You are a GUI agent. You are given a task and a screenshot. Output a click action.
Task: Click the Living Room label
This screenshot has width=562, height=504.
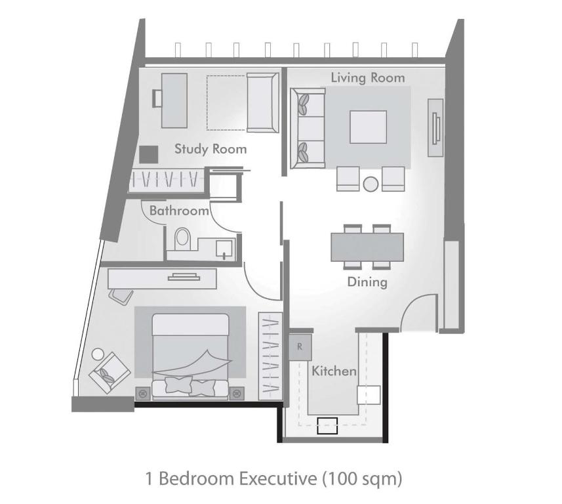point(367,77)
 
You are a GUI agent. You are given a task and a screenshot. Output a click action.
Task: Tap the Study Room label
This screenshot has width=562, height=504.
point(211,149)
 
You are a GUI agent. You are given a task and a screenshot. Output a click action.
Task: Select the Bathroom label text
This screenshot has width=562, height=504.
point(179,211)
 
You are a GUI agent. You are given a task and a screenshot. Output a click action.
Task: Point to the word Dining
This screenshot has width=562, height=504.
point(367,282)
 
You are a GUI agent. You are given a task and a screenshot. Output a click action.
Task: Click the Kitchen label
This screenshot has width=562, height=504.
point(334,371)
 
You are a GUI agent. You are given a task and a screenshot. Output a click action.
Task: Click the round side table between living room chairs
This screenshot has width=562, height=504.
point(371,184)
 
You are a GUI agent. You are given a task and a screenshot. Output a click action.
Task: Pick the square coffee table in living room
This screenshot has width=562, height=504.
point(368,127)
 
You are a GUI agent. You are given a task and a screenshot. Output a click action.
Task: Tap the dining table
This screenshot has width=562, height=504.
point(367,247)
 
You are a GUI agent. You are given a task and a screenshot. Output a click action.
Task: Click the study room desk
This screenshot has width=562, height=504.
point(174,100)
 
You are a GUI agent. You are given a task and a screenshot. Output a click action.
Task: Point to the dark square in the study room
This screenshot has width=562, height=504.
point(149,154)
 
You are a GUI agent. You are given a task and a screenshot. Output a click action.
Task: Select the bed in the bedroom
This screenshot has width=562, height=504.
point(190,354)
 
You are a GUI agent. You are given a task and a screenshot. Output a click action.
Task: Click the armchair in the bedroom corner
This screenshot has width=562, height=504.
point(109,372)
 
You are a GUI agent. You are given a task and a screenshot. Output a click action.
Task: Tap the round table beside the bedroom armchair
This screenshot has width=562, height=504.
point(98,354)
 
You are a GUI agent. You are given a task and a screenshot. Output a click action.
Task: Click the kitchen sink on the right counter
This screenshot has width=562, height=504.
point(369,394)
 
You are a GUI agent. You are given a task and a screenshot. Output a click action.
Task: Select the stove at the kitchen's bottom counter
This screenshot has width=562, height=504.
point(327,426)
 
